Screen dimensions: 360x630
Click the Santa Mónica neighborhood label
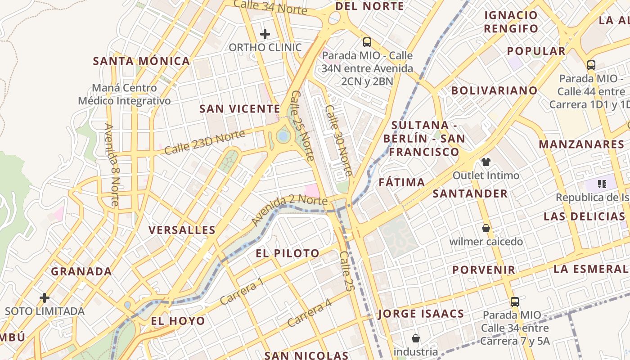coord(141,61)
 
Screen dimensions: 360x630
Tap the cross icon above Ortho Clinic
coord(265,34)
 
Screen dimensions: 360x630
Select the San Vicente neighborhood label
coord(240,109)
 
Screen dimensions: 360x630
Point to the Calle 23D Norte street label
coord(205,142)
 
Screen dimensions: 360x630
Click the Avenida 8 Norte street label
coord(112,165)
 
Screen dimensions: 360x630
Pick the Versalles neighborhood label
coord(182,230)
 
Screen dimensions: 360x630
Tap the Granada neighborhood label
coord(81,271)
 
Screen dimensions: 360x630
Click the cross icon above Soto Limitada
coord(44,297)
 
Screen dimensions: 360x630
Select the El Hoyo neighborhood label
coord(178,321)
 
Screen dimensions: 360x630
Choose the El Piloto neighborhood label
coord(288,253)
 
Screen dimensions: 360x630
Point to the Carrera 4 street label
coord(310,313)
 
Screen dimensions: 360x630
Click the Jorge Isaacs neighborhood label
coord(421,314)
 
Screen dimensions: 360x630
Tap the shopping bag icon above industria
coord(416,338)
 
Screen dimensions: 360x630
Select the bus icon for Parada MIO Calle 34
coord(515,302)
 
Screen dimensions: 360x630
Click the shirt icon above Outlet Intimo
coord(486,162)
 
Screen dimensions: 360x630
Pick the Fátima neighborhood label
coord(402,182)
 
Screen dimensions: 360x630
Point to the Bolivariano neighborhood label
coord(495,90)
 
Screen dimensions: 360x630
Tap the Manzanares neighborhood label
coord(581,144)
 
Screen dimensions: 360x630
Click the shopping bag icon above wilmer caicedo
coord(486,228)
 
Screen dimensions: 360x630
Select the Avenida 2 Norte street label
coord(289,211)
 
